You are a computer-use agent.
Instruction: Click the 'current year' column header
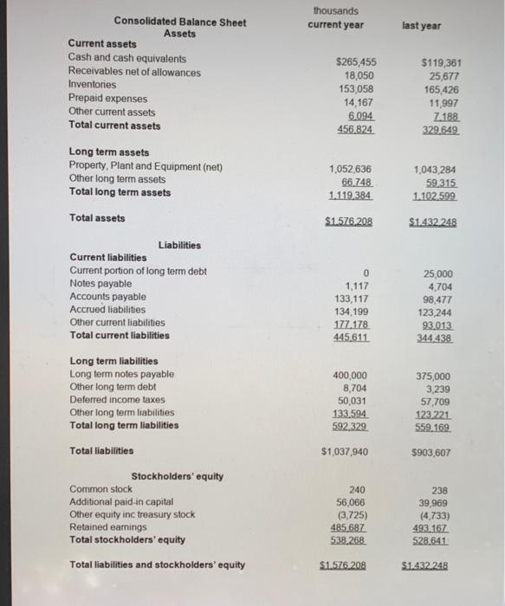(x=335, y=25)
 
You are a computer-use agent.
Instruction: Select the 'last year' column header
(x=421, y=26)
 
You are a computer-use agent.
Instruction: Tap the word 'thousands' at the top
(x=335, y=10)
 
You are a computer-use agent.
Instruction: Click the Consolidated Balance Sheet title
(x=179, y=23)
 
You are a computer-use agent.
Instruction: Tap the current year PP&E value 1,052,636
(x=350, y=169)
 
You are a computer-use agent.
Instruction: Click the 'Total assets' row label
(x=96, y=218)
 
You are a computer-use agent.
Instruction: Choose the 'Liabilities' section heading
(x=179, y=245)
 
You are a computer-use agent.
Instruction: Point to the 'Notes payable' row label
(x=100, y=283)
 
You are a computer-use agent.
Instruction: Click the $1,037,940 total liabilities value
(x=345, y=451)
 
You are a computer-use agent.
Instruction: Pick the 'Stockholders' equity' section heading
(x=177, y=475)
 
